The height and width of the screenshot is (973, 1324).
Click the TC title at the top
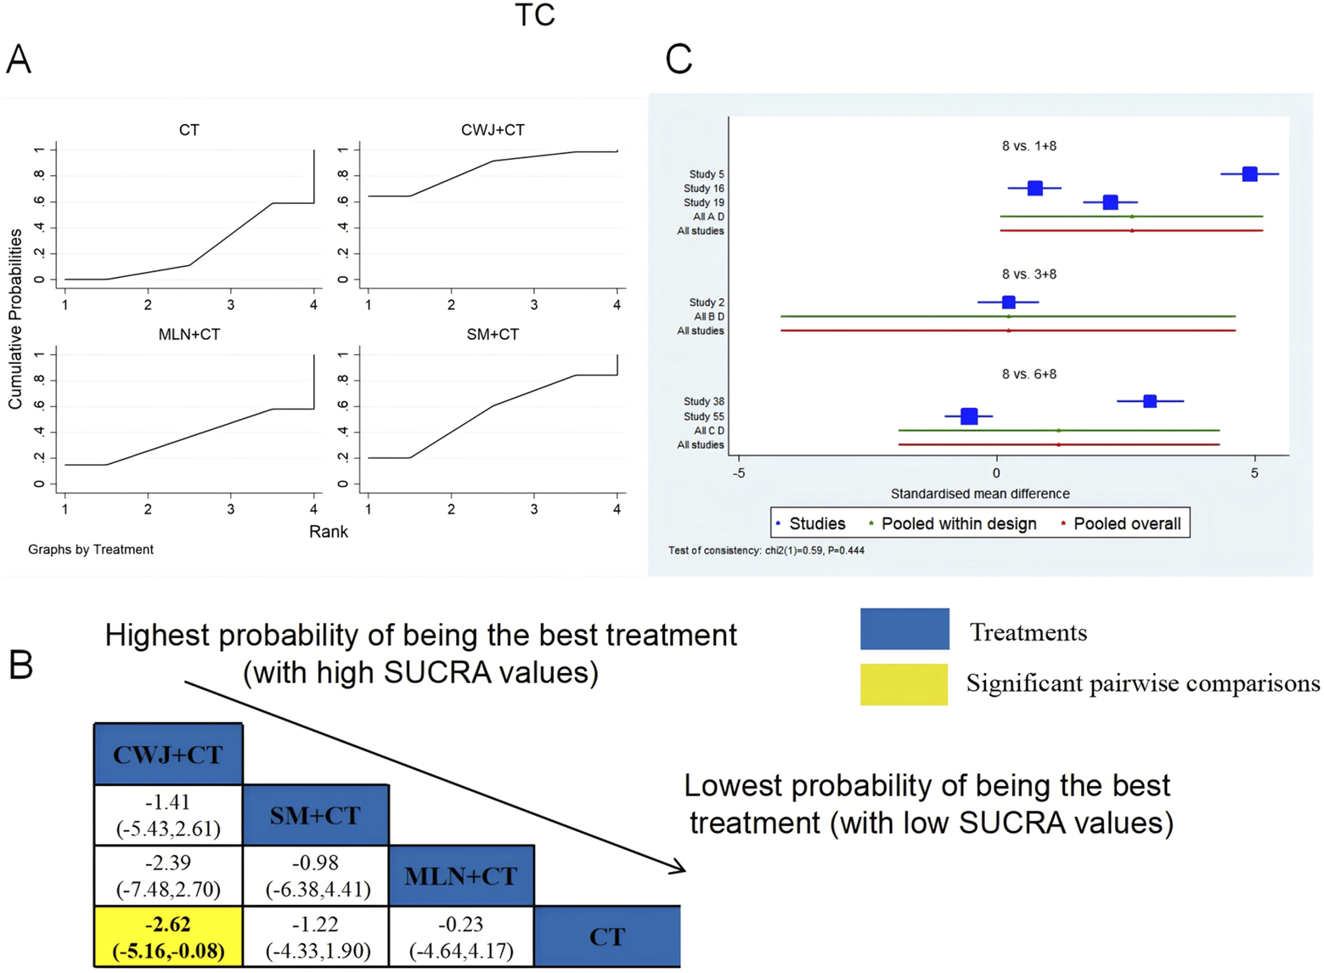coord(534,15)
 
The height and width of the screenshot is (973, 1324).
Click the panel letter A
coord(19,60)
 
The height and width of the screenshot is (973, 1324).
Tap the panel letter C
coord(678,60)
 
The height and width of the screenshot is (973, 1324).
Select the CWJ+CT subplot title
coord(493,130)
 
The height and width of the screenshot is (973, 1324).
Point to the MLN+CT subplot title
coord(189,335)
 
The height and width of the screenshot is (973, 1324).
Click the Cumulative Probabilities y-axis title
coord(15,319)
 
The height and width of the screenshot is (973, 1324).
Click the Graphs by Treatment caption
coord(90,550)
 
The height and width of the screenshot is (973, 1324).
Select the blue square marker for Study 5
coord(1249,174)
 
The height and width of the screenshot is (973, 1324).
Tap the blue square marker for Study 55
coord(969,416)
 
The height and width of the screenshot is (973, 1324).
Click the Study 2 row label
coord(706,303)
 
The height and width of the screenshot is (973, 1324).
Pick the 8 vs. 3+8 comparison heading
coord(1028,274)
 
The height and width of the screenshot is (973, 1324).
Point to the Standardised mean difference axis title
coord(979,494)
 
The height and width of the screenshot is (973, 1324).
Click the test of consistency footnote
coord(766,551)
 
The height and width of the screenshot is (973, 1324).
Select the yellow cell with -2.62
coord(168,936)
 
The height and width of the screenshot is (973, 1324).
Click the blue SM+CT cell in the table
coord(315,815)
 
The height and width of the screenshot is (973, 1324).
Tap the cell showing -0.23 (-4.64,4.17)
coord(461,936)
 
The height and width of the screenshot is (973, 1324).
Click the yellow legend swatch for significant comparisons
coord(904,684)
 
